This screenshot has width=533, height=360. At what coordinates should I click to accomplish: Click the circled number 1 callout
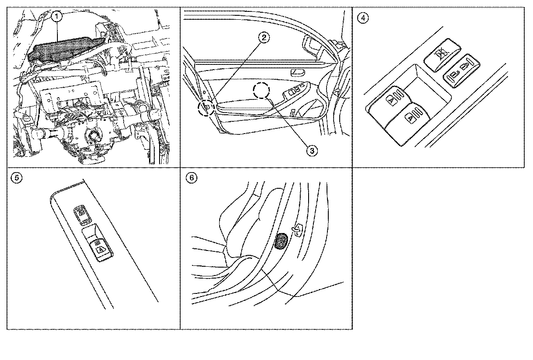click(56, 17)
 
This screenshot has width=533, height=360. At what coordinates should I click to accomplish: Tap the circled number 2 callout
click(263, 38)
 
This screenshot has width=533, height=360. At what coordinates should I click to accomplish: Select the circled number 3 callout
click(311, 151)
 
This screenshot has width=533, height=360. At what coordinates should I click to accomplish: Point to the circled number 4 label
click(362, 18)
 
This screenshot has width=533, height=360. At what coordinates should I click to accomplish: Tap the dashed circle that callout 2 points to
click(206, 107)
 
